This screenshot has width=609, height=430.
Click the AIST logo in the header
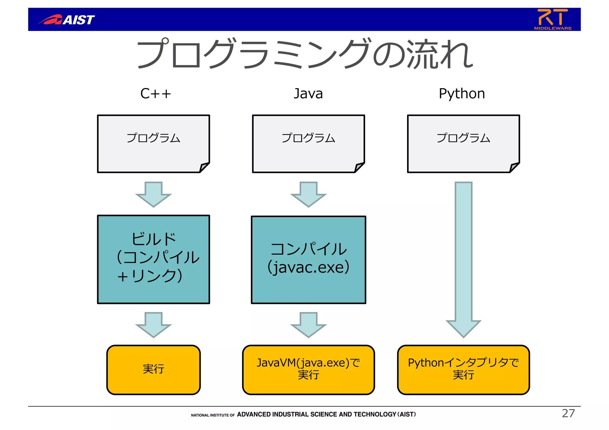pos(67,20)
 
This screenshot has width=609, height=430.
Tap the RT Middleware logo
pos(553,19)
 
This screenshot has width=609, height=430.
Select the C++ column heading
pos(156,94)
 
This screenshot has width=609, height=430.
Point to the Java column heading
pos(308,94)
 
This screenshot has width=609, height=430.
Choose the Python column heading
pos(462,94)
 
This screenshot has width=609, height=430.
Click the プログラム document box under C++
pos(153,143)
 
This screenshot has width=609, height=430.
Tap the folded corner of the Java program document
pos(359,167)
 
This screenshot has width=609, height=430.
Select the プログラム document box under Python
pos(463,143)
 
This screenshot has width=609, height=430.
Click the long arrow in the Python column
pos(463,259)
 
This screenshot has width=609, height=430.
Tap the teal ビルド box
pos(153,259)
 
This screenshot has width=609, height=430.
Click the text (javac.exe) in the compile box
pos(308,267)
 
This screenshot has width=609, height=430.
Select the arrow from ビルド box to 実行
pos(153,325)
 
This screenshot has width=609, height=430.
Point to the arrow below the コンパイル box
pos(308,325)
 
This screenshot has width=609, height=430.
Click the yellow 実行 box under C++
pos(153,370)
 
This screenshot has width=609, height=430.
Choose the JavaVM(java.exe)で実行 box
pos(308,370)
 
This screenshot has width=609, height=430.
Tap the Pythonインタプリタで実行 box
pos(463,370)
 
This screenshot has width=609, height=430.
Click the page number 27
pos(568,413)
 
